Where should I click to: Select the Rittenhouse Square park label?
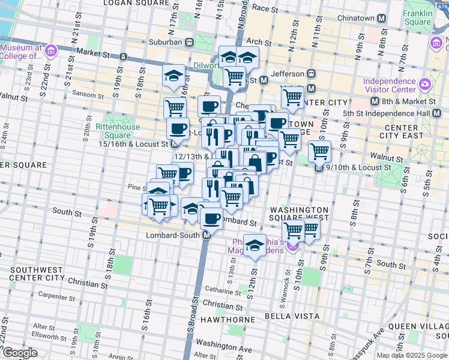tap(121, 131)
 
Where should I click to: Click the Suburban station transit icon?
tap(188, 43)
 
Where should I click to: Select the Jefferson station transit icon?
tap(311, 73)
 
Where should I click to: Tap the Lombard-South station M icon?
tap(206, 235)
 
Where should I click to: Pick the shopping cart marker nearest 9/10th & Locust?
tap(320, 151)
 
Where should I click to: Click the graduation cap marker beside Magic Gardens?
tap(255, 244)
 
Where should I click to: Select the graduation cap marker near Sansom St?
tap(173, 76)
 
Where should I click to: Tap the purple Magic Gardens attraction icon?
tap(293, 245)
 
